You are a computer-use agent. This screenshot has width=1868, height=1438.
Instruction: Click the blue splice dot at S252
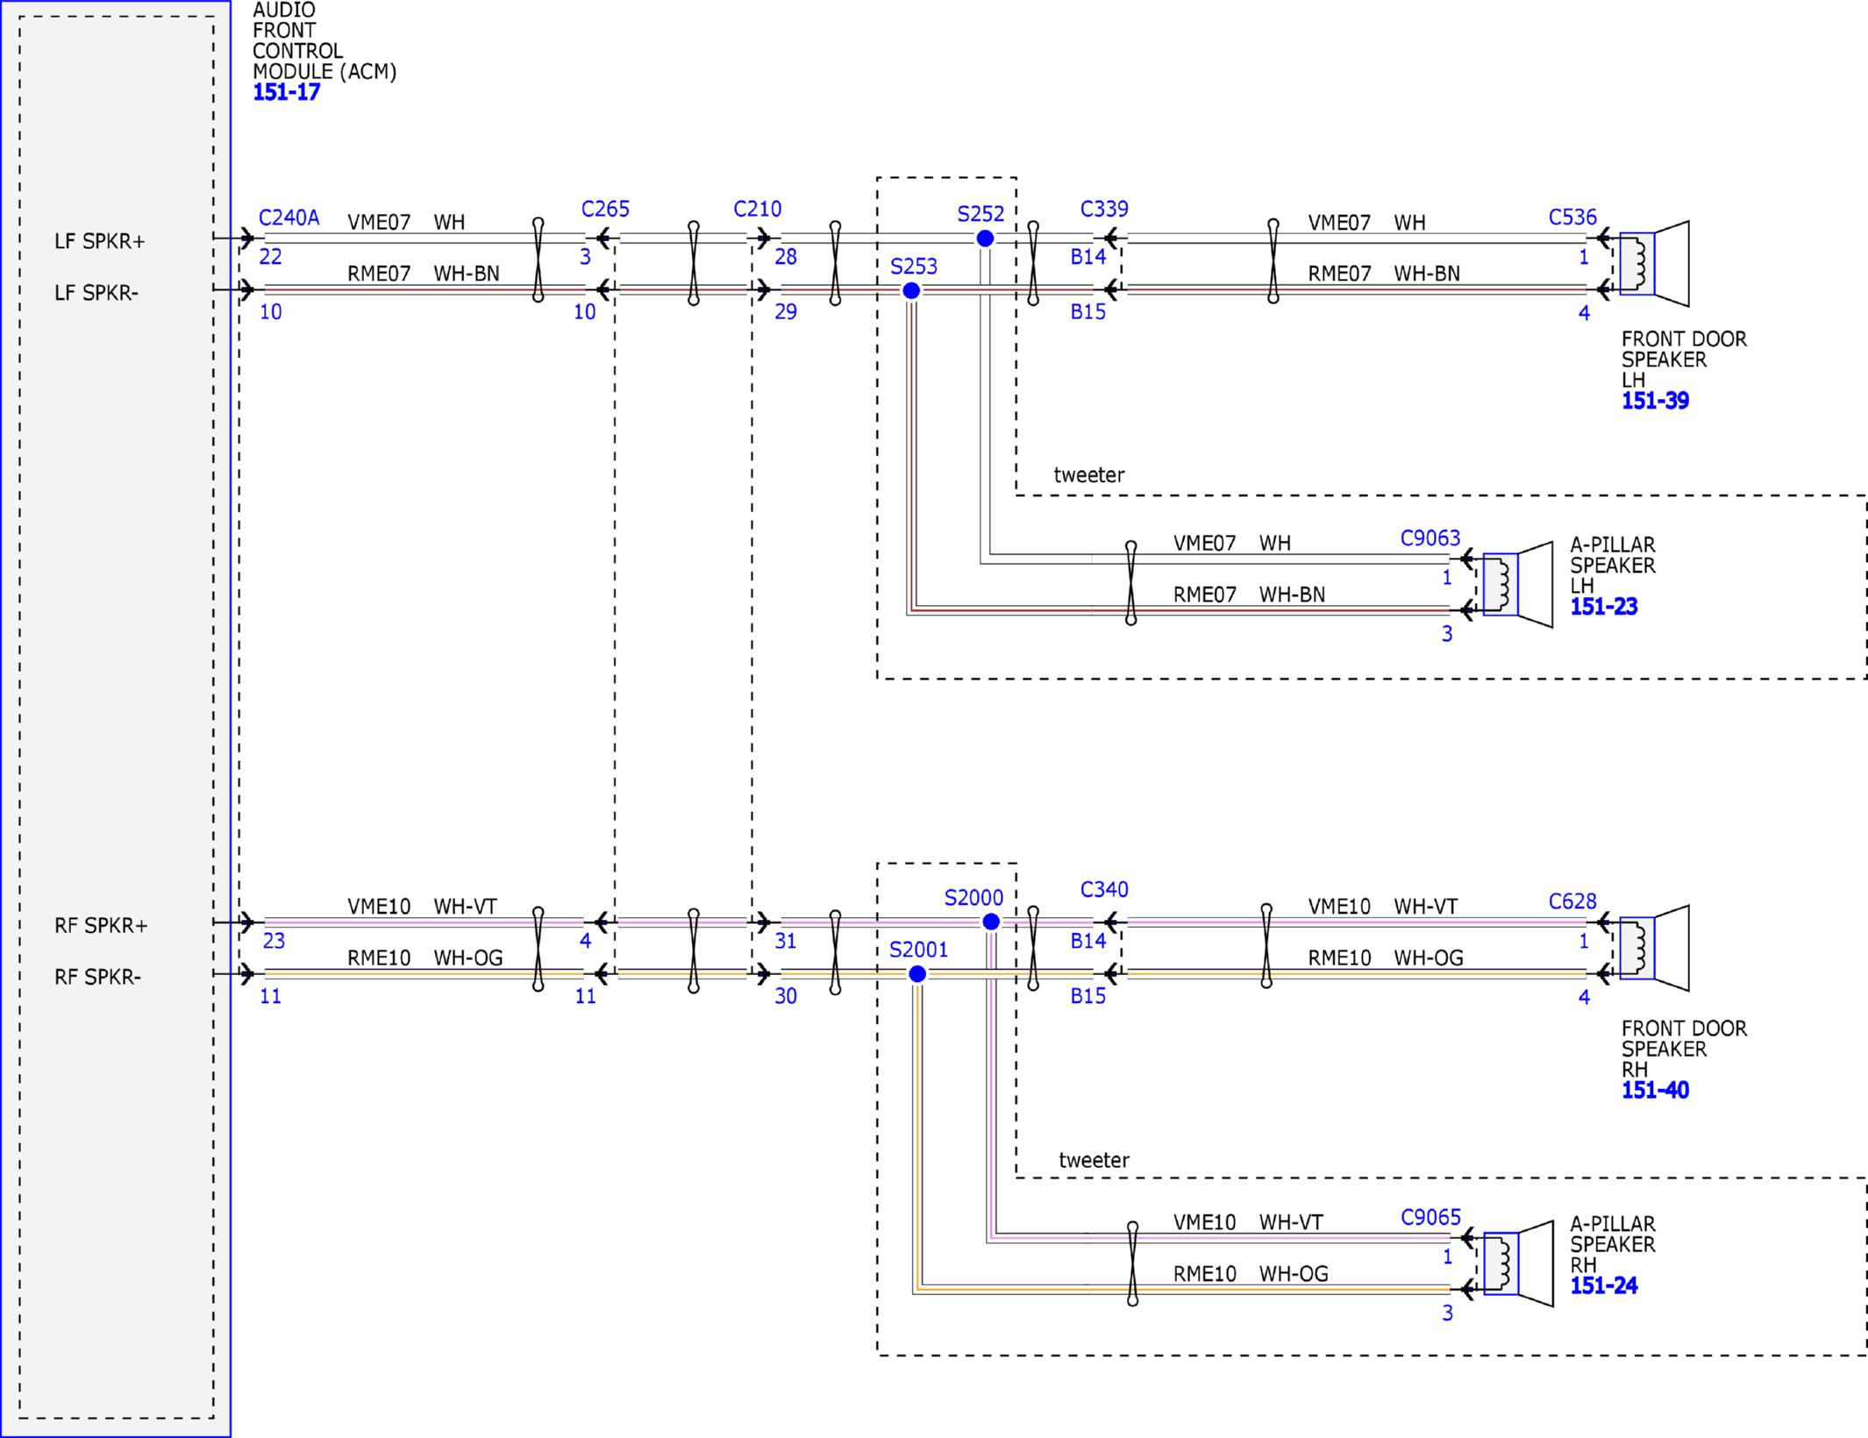point(985,238)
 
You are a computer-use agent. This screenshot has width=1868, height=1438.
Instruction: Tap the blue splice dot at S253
point(911,290)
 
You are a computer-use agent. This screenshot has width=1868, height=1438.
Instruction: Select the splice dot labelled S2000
point(991,922)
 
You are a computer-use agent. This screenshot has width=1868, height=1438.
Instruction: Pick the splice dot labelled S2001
point(917,973)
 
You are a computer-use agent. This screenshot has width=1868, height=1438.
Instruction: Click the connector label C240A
point(289,217)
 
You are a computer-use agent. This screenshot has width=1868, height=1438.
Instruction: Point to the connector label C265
point(605,209)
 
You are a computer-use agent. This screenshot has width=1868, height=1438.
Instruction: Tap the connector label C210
point(757,209)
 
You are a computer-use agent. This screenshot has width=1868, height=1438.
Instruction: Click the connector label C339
point(1104,209)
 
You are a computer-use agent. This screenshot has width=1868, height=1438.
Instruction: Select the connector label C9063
point(1430,537)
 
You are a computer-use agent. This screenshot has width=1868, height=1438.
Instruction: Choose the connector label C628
point(1572,901)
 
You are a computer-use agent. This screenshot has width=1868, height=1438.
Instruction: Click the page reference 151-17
point(287,92)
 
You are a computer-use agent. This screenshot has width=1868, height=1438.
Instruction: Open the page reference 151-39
point(1655,401)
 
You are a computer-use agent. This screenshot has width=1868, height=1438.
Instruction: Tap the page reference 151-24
point(1604,1285)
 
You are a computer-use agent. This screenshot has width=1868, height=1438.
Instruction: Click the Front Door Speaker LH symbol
point(1654,264)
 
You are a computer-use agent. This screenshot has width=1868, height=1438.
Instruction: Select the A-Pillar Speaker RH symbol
point(1518,1264)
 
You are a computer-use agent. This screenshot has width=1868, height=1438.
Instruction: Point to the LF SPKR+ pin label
point(100,241)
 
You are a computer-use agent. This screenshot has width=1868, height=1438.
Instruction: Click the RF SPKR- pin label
point(97,977)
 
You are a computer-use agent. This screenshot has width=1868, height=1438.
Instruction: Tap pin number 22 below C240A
point(270,257)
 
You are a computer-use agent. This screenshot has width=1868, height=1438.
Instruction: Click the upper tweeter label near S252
point(1089,475)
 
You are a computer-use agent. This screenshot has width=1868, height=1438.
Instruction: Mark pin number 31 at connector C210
point(786,941)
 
